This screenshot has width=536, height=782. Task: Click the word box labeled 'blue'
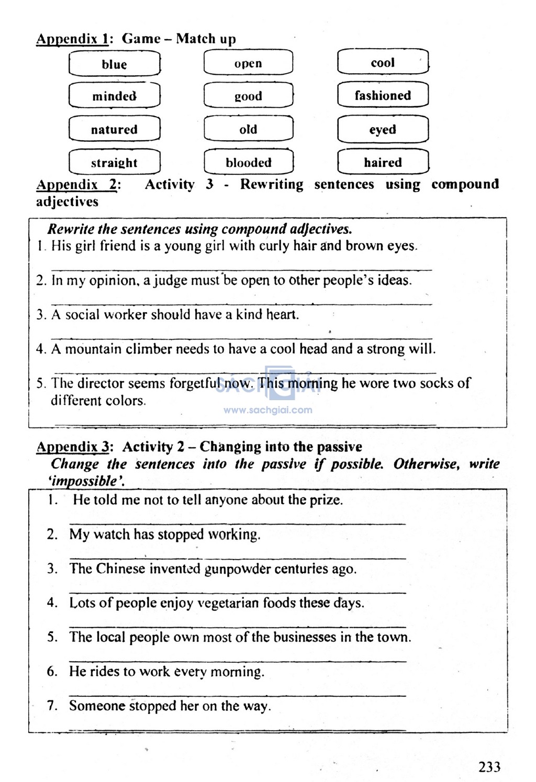114,64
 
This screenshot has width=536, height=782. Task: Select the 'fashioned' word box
383,95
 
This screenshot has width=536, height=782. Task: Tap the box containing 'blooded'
249,162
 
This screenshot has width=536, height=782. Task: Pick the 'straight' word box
114,163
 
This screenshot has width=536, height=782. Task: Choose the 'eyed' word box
383,129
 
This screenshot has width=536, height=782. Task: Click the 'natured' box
114,129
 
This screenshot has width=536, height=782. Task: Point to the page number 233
489,767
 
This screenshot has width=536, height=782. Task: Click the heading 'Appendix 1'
72,39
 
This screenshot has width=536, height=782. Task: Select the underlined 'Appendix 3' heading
73,447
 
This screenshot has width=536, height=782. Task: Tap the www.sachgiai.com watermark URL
267,410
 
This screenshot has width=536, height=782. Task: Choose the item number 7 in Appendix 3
52,706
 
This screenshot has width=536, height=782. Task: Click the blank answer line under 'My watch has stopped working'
237,558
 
